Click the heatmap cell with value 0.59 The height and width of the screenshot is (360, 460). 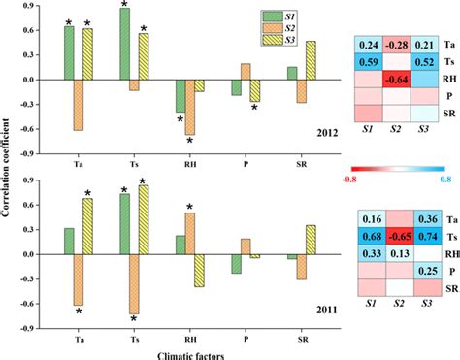point(369,63)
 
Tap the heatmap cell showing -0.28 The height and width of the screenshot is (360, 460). point(394,46)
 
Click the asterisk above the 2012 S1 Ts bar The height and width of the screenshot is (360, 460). point(125,6)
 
